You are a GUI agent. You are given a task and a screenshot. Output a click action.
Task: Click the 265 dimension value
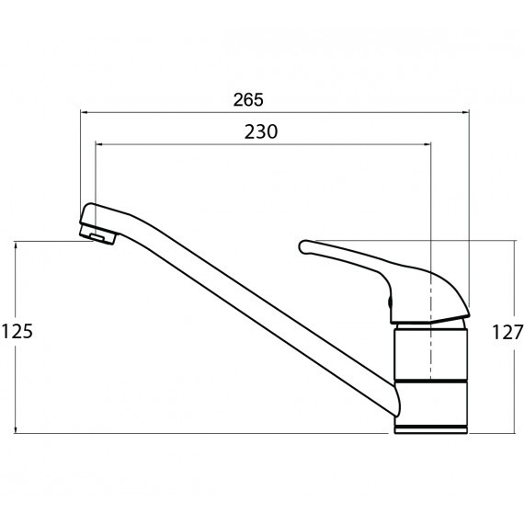pyautogui.click(x=248, y=99)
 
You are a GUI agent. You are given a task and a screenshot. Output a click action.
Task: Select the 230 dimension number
pyautogui.click(x=261, y=131)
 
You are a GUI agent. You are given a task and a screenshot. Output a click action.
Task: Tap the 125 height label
pyautogui.click(x=17, y=332)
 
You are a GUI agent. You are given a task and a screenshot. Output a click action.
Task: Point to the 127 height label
pyautogui.click(x=507, y=332)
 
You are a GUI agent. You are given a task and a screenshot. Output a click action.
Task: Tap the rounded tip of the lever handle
pyautogui.click(x=303, y=247)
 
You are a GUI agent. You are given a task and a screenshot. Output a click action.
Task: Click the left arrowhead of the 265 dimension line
pyautogui.click(x=84, y=113)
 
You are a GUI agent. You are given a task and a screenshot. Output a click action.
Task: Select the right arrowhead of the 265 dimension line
pyautogui.click(x=465, y=113)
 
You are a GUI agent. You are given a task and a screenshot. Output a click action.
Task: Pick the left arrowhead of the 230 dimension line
pyautogui.click(x=99, y=144)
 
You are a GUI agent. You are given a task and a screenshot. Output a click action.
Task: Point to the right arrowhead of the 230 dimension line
pyautogui.click(x=427, y=144)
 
